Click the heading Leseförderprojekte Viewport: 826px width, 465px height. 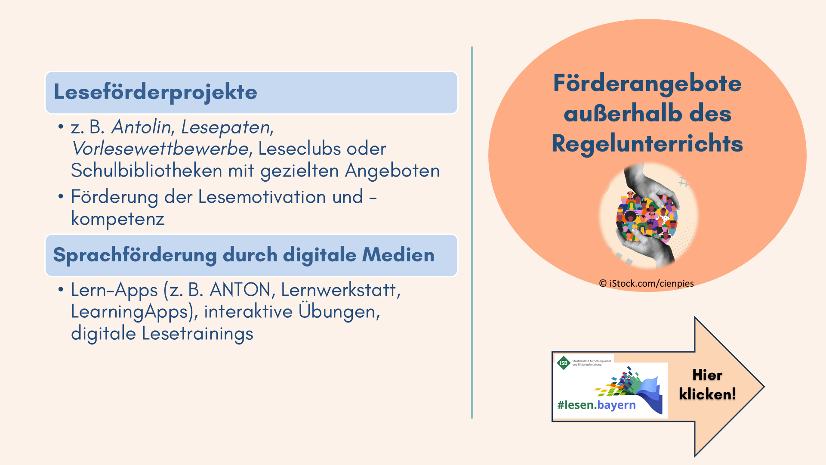pos(155,92)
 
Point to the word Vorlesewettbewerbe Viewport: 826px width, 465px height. pos(160,149)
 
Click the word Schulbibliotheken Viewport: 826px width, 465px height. pos(146,170)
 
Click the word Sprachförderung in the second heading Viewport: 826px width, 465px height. pos(135,255)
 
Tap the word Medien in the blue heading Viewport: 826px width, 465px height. pos(398,254)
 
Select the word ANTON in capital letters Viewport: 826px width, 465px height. pos(240,290)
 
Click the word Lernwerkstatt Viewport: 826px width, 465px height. pos(339,290)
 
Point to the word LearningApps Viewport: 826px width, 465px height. pos(129,312)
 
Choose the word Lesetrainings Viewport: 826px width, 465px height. pos(197,334)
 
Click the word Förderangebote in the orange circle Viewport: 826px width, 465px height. pos(647,84)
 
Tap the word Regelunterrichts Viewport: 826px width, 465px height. pos(647,143)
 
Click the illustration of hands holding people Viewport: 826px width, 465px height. pos(649,215)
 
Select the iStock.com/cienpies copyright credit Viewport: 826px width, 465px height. pos(646,283)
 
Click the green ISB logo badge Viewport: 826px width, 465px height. pos(564,363)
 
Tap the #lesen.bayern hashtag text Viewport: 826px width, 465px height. pos(596,405)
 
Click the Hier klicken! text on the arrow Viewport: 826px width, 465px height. pos(707,384)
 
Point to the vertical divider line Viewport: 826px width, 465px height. pos(472,232)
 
